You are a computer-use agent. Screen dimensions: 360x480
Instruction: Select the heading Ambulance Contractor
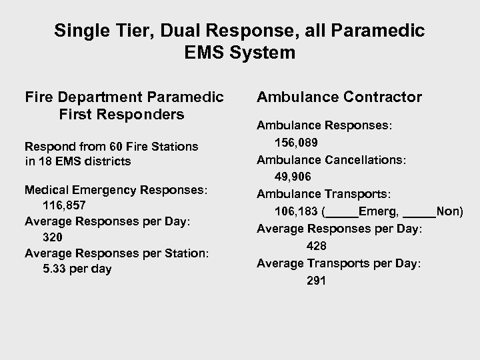339,97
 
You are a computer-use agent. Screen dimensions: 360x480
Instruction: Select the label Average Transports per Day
339,264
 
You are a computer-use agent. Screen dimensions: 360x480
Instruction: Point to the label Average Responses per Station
117,253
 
